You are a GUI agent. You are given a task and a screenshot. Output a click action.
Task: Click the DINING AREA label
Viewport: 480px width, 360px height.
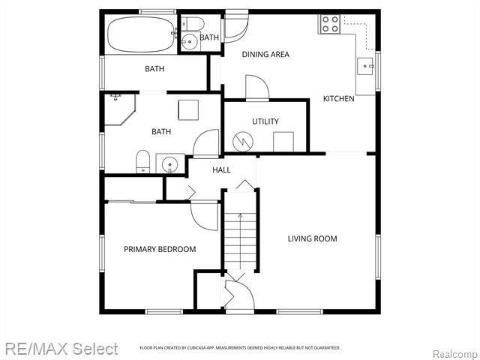265,54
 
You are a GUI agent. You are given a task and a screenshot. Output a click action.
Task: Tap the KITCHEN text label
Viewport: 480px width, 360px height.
338,99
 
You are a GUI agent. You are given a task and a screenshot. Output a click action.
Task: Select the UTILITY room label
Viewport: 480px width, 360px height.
265,121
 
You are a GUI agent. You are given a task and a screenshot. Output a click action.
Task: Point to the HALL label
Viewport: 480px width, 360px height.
221,170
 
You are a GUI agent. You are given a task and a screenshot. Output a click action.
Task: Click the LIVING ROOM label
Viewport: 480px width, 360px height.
312,239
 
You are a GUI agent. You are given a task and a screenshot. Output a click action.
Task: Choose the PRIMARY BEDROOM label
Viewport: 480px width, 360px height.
160,250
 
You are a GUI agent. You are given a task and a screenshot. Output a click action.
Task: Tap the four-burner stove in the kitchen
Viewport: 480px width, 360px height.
330,24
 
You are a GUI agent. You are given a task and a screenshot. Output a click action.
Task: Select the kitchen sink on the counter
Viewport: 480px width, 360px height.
367,65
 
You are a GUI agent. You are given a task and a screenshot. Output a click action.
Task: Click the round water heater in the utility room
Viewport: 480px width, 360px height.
243,140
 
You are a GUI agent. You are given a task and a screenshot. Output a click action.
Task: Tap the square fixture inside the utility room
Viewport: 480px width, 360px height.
283,141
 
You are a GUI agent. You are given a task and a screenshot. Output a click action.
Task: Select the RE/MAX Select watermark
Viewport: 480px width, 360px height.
61,349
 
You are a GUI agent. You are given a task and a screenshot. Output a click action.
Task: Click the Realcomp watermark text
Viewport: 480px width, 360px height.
454,353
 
